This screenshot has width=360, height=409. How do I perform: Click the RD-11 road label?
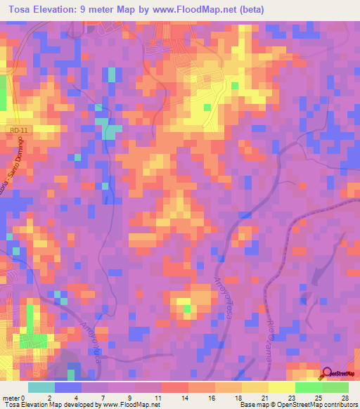19,131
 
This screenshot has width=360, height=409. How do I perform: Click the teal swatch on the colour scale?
41,387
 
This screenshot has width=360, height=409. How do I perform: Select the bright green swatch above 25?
308,387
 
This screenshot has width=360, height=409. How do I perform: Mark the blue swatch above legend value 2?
68,387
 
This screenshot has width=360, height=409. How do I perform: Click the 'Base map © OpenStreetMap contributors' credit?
298,405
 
